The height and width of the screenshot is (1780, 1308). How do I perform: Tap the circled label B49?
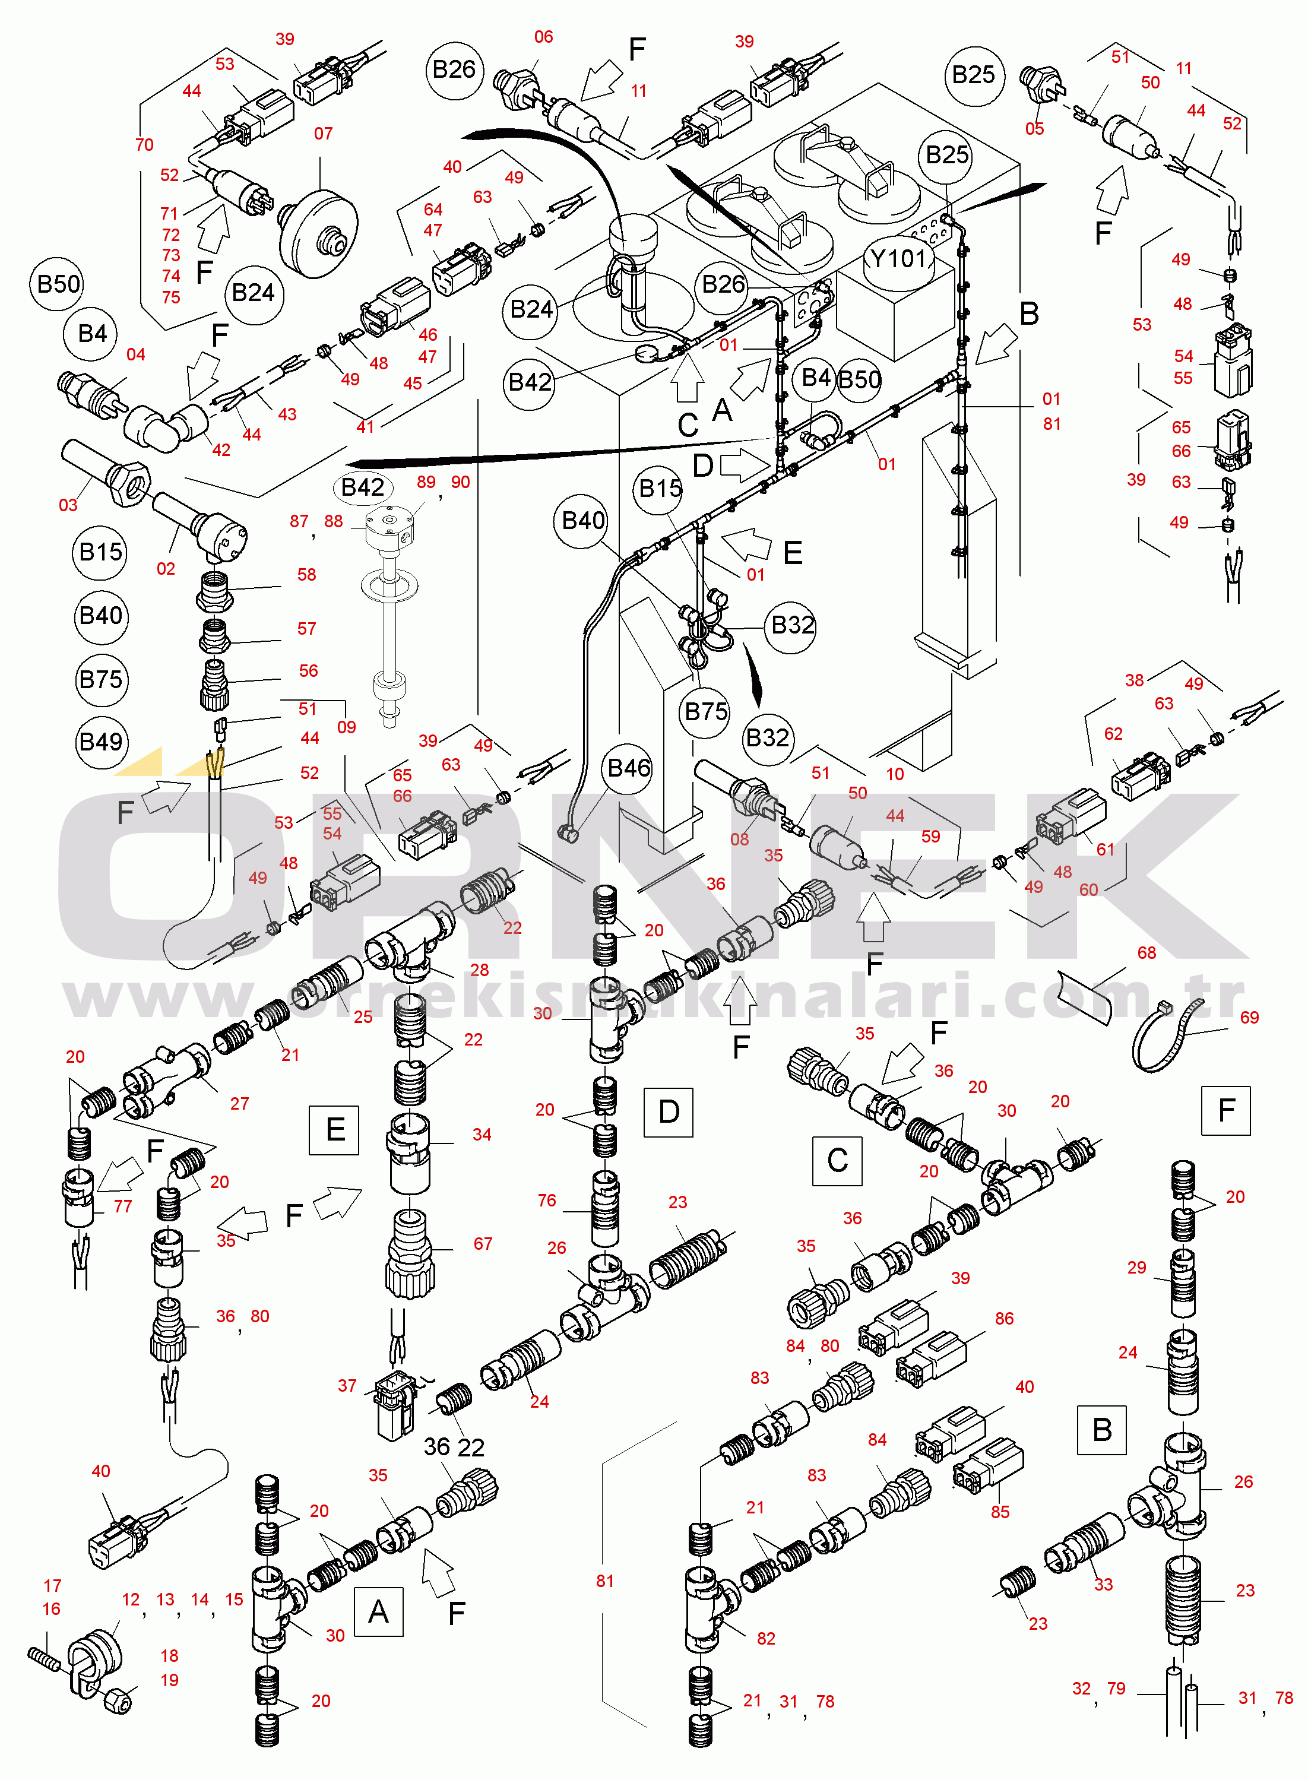click(x=100, y=742)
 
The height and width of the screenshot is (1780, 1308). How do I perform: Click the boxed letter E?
click(x=334, y=1130)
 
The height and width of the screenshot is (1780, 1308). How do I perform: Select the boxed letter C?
click(x=837, y=1161)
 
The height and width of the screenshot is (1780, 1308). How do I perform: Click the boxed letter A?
click(x=378, y=1611)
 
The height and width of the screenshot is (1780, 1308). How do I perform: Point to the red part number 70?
click(x=144, y=145)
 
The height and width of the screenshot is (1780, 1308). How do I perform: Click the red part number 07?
click(x=323, y=133)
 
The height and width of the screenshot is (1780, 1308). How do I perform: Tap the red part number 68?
click(x=1147, y=952)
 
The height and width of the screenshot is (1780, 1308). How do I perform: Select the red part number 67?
click(x=482, y=1243)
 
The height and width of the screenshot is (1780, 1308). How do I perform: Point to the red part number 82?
click(x=766, y=1638)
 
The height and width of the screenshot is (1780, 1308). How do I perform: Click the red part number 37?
click(x=347, y=1385)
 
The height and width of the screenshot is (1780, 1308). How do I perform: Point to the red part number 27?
click(x=239, y=1103)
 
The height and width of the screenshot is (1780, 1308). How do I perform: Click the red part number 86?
click(x=1004, y=1318)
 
